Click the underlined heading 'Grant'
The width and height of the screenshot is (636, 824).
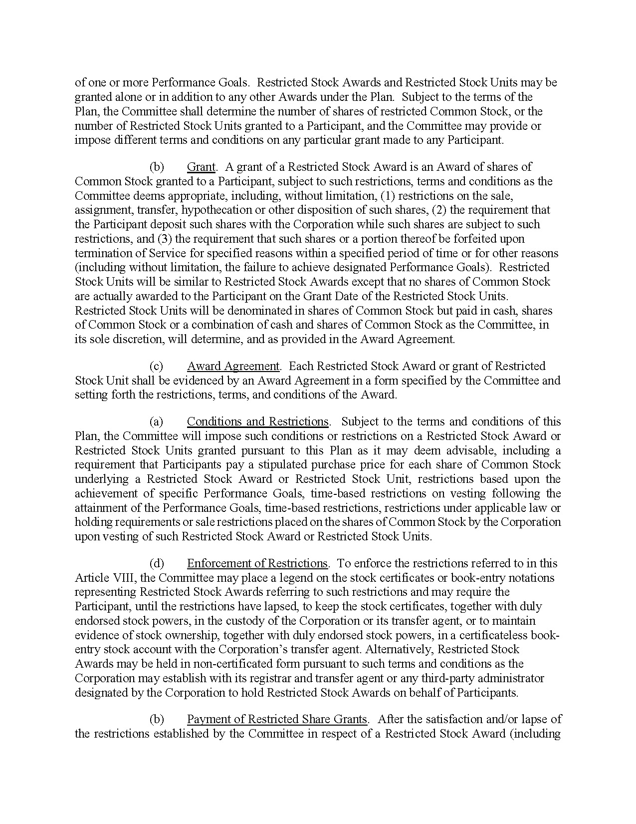201,167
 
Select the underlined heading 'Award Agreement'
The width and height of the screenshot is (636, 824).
233,366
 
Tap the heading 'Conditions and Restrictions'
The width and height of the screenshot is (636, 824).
257,421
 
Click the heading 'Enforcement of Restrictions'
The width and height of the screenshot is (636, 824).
257,563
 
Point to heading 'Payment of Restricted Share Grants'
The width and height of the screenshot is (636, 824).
277,719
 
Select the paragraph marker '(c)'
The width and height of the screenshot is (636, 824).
156,366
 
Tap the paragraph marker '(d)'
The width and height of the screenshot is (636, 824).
157,563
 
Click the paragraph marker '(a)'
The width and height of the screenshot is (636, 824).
156,421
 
